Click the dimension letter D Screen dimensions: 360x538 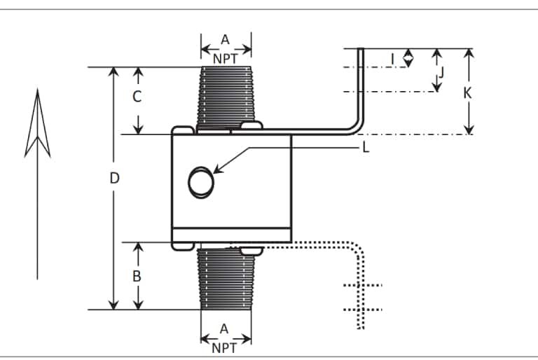(115, 178)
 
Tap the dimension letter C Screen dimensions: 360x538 (137, 97)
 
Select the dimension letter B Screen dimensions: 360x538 (137, 275)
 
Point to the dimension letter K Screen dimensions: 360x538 (468, 92)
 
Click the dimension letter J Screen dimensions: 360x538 (442, 71)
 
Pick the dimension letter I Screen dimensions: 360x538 (393, 58)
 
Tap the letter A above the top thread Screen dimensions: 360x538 (226, 40)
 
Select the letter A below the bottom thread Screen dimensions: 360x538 (225, 328)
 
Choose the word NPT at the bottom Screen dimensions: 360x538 (225, 345)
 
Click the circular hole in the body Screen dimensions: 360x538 (200, 182)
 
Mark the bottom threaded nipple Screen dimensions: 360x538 (225, 279)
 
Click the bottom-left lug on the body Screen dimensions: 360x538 (182, 245)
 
